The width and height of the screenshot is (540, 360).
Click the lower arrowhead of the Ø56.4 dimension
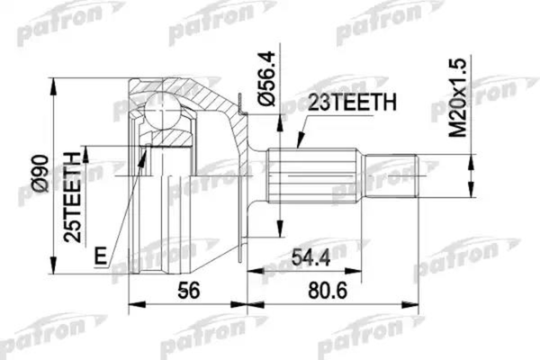tap(281, 225)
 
